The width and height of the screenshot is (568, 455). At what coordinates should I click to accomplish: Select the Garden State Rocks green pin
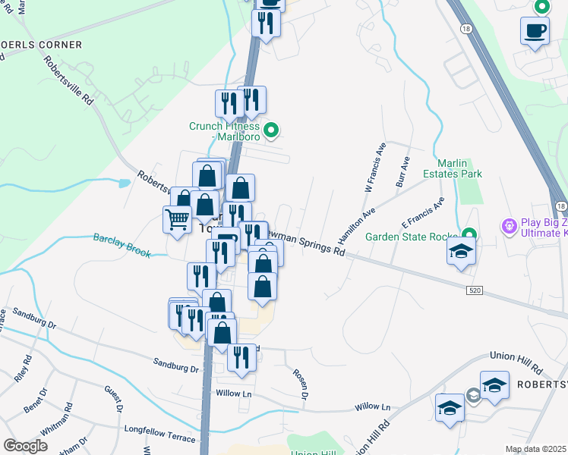click(x=469, y=236)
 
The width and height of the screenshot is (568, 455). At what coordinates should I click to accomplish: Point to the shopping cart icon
click(x=177, y=220)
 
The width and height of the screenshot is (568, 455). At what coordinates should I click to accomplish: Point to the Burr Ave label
click(x=402, y=173)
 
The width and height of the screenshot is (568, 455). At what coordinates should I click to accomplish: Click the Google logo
click(x=25, y=446)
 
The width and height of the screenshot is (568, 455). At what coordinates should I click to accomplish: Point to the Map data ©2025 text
click(x=536, y=449)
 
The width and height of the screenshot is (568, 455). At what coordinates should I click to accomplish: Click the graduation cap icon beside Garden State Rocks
click(x=460, y=253)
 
